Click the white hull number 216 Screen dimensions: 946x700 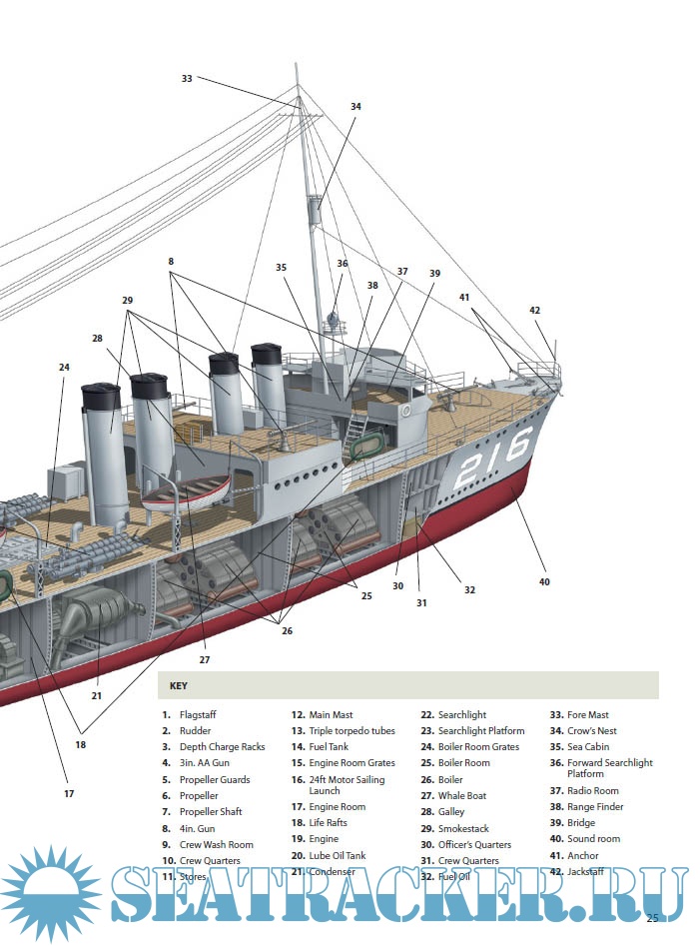[x=489, y=459]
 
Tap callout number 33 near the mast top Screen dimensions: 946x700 [x=187, y=78]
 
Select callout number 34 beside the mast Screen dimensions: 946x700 [x=355, y=106]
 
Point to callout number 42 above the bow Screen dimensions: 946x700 [x=535, y=311]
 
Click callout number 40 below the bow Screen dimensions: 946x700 [x=544, y=581]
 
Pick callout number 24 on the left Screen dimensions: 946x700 [x=64, y=368]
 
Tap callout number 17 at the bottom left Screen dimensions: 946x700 [x=69, y=794]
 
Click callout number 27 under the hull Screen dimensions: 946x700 [x=204, y=659]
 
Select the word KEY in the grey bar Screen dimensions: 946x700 [x=178, y=686]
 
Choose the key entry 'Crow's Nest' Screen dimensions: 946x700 [x=591, y=731]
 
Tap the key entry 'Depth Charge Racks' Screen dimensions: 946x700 [x=222, y=747]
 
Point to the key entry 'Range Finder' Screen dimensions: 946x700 [x=595, y=807]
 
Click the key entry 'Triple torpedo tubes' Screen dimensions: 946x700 [x=351, y=731]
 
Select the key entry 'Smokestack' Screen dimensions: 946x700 [x=463, y=828]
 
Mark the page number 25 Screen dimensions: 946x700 [x=652, y=917]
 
